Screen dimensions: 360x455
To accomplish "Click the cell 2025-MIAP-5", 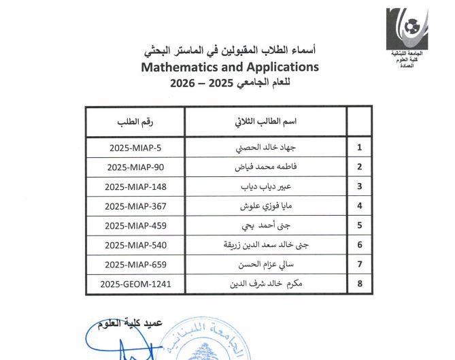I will coord(136,147).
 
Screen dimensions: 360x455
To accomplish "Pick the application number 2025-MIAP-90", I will coord(136,167).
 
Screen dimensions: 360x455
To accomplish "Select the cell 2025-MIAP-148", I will coord(136,186).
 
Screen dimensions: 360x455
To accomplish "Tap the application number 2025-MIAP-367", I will coord(136,206).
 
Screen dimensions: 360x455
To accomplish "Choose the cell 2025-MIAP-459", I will coord(136,225).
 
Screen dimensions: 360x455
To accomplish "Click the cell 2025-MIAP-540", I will coord(136,245).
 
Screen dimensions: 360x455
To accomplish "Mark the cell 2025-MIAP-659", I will coord(136,265).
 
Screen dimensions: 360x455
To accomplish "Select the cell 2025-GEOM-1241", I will coord(136,284).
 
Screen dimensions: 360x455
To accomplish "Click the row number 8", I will coord(359,284).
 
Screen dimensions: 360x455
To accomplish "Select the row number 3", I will coord(359,186).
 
